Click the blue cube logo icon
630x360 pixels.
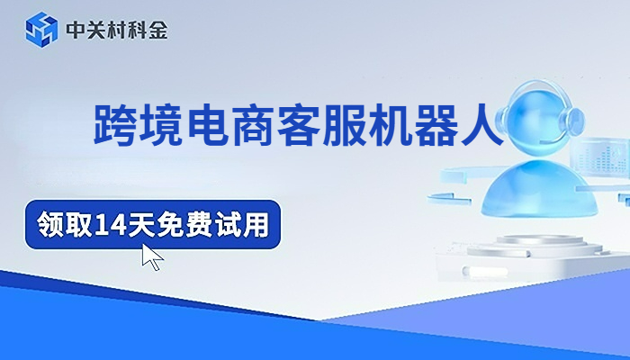tap(41, 29)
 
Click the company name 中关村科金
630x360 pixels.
tap(117, 30)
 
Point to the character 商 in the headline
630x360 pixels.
tap(263, 124)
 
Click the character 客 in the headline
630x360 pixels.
tap(311, 124)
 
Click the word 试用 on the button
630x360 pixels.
tap(245, 224)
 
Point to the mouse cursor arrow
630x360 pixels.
tap(152, 256)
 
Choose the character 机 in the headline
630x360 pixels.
tap(408, 124)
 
